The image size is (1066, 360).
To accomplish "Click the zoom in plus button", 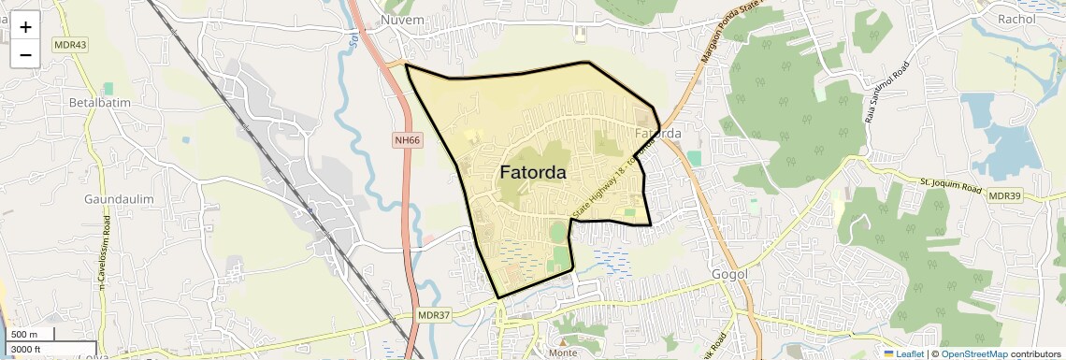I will tap(25, 27).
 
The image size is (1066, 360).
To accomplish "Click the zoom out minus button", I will tap(25, 55).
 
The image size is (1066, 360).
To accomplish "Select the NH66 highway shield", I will tap(407, 140).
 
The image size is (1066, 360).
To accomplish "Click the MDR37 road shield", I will tap(434, 315).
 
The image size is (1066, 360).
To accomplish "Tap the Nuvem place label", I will tap(403, 20).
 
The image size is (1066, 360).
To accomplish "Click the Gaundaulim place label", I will tap(119, 200).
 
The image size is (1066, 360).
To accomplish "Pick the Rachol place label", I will tap(1016, 19).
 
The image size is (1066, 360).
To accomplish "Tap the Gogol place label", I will tap(730, 275).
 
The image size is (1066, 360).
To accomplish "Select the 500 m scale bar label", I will tap(25, 334).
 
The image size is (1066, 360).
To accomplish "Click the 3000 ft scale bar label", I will tap(29, 349).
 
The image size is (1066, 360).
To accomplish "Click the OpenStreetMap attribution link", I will tap(973, 353).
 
